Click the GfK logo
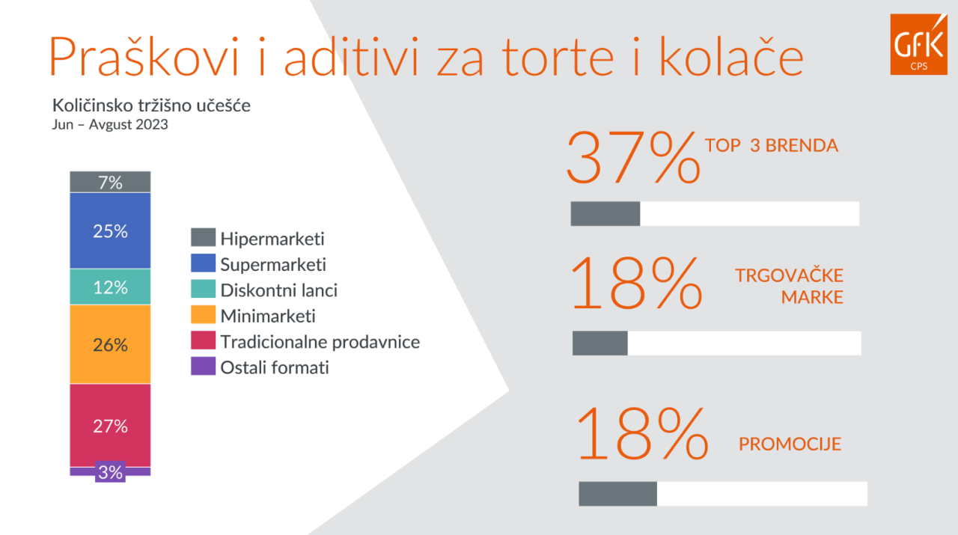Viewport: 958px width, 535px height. (918, 44)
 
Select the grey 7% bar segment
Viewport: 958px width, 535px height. (110, 182)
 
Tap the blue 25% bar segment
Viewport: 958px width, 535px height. (110, 230)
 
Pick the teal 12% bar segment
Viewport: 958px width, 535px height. (110, 287)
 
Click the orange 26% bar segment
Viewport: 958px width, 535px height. (110, 344)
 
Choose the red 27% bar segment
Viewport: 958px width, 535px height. (110, 425)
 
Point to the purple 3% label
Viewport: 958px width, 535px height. (110, 471)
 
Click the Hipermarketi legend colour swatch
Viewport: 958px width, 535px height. (203, 237)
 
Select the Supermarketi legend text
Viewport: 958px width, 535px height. (273, 265)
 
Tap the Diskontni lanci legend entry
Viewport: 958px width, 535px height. (264, 290)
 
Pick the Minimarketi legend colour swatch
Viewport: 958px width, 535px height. (203, 314)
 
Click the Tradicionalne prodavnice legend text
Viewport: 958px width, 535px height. (320, 342)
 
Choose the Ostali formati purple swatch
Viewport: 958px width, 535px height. (203, 366)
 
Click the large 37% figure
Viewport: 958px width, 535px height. (633, 157)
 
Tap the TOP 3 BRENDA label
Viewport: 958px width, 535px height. (772, 145)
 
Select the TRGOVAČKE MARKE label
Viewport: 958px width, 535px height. (789, 286)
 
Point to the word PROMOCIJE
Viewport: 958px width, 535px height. (790, 444)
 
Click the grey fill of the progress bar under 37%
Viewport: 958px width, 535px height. (605, 213)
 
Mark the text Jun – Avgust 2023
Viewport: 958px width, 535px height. (110, 124)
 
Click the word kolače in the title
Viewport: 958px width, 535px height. (731, 57)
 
